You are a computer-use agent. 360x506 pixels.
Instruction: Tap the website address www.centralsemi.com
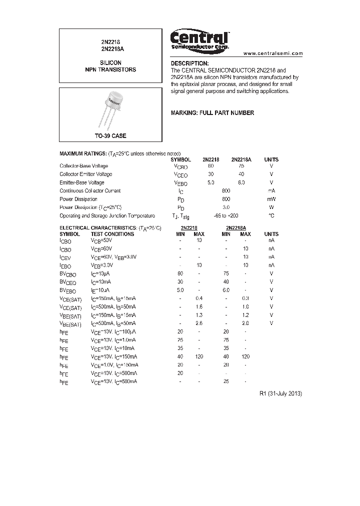[x=273, y=53]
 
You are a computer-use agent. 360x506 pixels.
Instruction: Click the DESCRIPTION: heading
[x=189, y=63]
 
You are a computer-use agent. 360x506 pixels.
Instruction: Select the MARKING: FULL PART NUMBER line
[x=212, y=113]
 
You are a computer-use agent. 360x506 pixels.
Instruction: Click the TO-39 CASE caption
[x=110, y=136]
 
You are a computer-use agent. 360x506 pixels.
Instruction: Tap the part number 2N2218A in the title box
[x=110, y=49]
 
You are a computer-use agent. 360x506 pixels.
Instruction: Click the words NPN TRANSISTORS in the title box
[x=110, y=70]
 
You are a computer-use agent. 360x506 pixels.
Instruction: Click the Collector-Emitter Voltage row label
[x=85, y=174]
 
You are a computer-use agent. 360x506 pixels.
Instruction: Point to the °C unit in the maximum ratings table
[x=271, y=215]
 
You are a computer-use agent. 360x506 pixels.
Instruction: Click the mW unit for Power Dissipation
[x=271, y=199]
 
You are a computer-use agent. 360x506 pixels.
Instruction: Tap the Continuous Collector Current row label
[x=90, y=191]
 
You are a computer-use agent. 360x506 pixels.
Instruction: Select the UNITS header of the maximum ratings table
[x=271, y=159]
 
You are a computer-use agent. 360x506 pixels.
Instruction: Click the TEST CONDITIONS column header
[x=112, y=234]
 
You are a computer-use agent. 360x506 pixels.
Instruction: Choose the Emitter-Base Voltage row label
[x=82, y=182]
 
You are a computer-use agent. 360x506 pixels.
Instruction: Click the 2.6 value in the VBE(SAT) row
[x=198, y=323]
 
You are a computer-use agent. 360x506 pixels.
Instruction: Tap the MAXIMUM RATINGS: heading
[x=82, y=153]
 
